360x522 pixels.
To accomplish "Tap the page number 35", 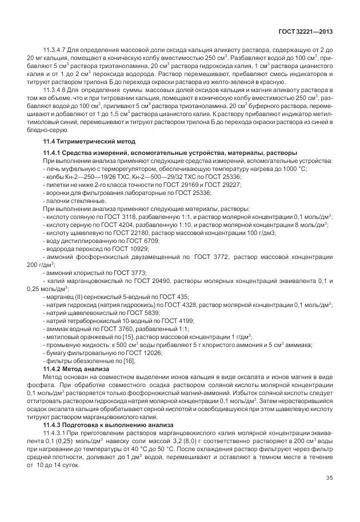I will point(330,478).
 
